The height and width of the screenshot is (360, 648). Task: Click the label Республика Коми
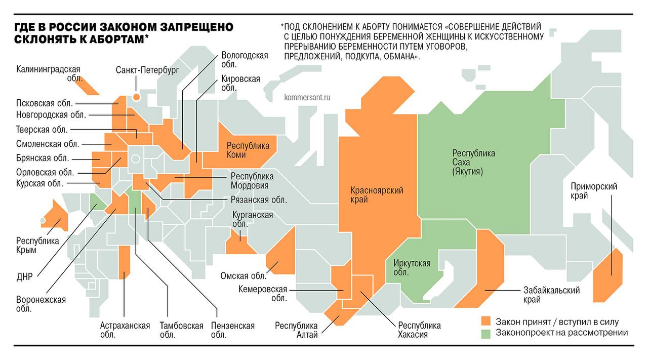tap(248, 150)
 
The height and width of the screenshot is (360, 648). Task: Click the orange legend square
tap(486, 322)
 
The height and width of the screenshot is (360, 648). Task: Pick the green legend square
tap(486, 333)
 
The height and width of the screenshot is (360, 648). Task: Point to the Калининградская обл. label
tap(49, 73)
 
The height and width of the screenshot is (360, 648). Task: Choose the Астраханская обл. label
tap(125, 330)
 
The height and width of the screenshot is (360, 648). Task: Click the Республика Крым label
tap(37, 245)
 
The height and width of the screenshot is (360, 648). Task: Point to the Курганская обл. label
tap(252, 219)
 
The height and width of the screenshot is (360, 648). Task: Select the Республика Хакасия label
tap(419, 330)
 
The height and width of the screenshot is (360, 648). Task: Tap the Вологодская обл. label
tap(245, 60)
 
